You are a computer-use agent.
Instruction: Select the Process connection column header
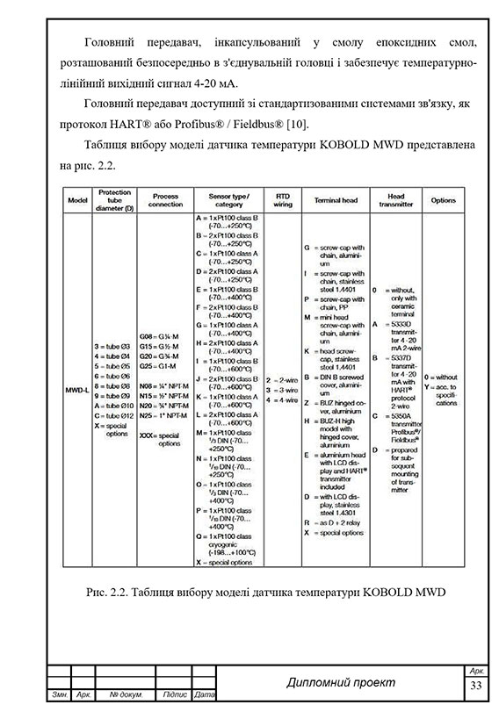[x=166, y=200]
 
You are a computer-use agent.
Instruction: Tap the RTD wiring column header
[x=283, y=200]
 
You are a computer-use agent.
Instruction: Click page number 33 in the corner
[x=477, y=685]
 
